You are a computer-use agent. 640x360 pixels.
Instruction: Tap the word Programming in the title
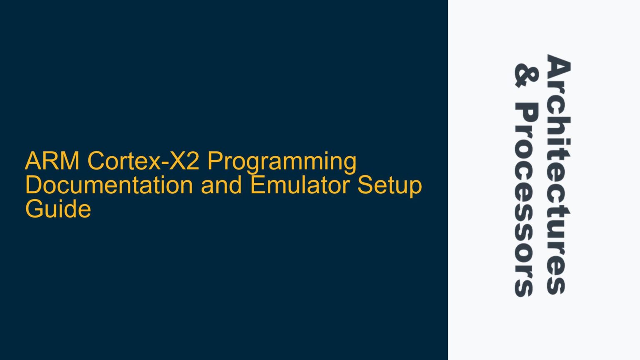[x=282, y=162]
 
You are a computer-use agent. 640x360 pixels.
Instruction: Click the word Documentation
[x=109, y=185]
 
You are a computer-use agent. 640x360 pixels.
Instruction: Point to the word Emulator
[x=300, y=185]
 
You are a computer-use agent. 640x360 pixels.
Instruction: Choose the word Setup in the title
[x=390, y=186]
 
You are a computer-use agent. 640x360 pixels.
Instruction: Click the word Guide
[x=58, y=209]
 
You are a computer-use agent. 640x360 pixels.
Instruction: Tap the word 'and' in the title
[x=221, y=185]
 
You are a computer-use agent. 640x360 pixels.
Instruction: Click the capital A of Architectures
[x=557, y=66]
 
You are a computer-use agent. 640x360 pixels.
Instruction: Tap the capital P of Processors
[x=526, y=114]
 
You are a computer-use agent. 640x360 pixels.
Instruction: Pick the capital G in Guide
[x=34, y=209]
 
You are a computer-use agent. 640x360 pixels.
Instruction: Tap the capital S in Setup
[x=365, y=185]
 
